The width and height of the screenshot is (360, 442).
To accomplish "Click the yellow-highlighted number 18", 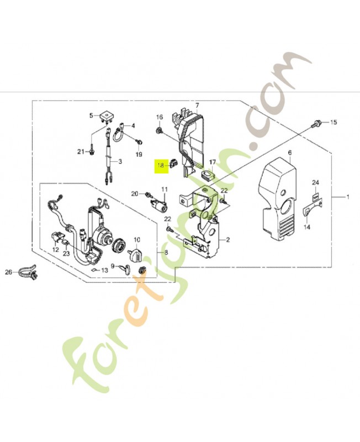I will point(161,165).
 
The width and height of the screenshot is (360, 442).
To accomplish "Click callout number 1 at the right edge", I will point(348,197).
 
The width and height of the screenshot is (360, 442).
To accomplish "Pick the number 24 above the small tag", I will point(315,182).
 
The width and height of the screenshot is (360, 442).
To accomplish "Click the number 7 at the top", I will point(197,105).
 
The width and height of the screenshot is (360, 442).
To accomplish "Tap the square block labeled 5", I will point(104,118).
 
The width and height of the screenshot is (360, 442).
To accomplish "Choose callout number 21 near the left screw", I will point(80,151).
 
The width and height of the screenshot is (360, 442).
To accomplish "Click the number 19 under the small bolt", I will point(139,154).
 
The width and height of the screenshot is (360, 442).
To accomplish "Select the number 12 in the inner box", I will point(55,250).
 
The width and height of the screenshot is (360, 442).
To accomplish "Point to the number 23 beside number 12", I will point(66,254).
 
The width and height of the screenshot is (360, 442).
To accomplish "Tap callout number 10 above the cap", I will point(137,240).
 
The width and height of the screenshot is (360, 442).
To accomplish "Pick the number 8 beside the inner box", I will point(162,252).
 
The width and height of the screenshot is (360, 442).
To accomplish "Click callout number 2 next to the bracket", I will point(226,241).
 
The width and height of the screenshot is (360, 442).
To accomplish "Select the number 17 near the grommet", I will point(213,163).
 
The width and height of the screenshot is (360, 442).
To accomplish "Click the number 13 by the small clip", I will point(104,270).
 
